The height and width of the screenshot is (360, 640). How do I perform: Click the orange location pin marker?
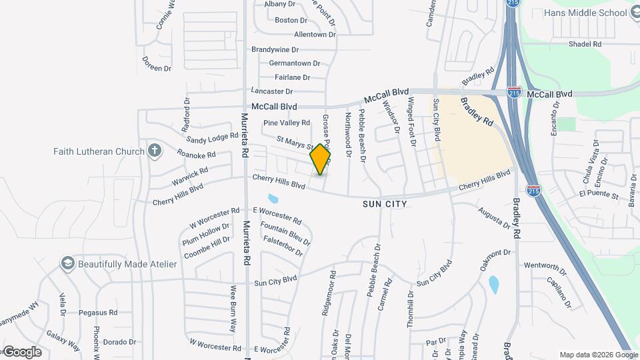pos(321,159)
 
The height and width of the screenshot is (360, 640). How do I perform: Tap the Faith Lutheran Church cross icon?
pos(155,150)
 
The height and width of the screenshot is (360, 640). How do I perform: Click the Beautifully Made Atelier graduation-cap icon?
pos(67,263)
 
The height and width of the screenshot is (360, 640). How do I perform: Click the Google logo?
pos(21,352)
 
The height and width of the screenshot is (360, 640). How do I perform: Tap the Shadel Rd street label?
pos(585,44)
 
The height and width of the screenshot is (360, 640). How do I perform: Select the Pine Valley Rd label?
pos(287,123)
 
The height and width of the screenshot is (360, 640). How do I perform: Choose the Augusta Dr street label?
pos(494,219)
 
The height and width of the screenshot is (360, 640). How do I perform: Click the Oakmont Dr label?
pos(495,259)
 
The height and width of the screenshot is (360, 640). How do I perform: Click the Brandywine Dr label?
pos(275,49)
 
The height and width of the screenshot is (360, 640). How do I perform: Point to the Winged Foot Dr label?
pos(411,121)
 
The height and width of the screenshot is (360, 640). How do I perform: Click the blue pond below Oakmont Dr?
pos(494,285)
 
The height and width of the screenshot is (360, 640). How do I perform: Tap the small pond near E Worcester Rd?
pos(273,199)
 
